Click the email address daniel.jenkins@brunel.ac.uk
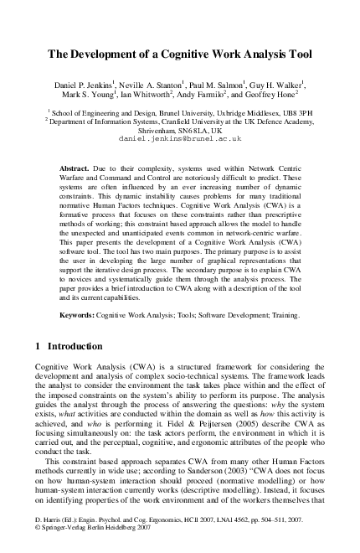pos(180,137)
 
